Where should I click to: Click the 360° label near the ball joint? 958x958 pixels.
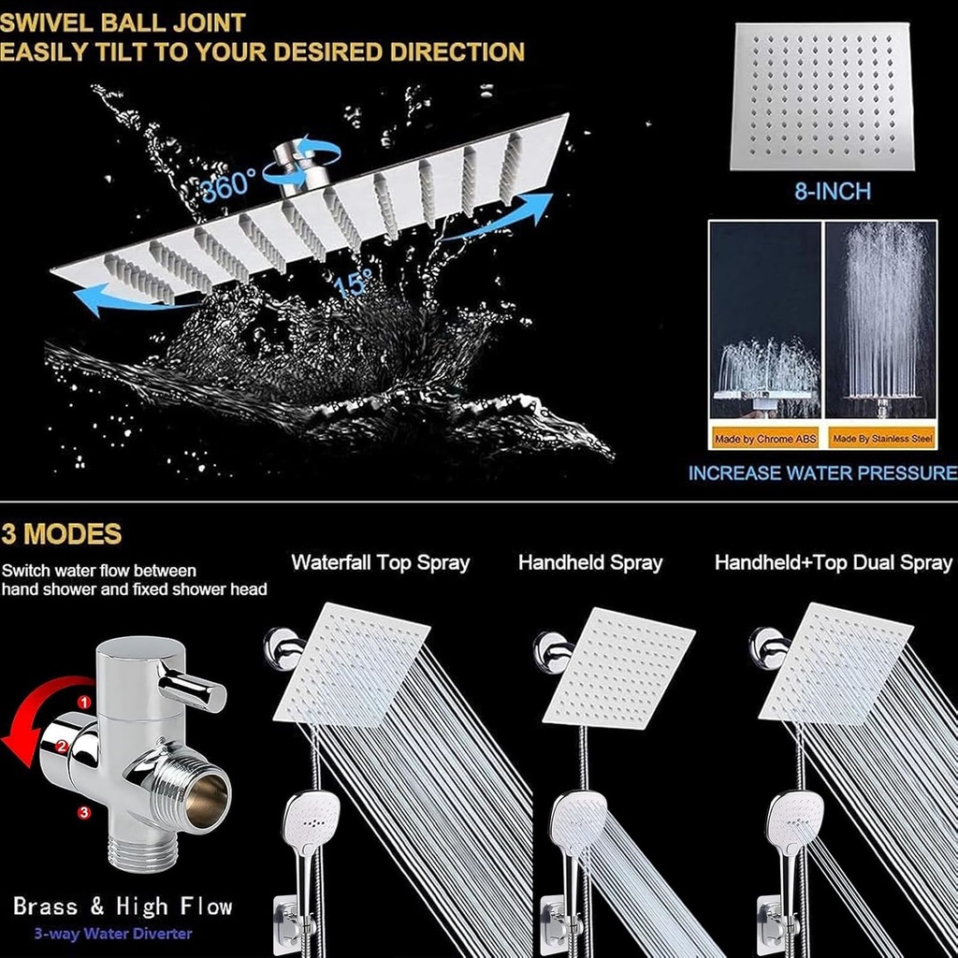pos(227,184)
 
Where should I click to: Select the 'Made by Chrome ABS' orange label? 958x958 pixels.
pos(765,438)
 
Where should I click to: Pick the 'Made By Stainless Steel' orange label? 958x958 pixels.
pos(882,438)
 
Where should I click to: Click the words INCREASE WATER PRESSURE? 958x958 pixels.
pos(822,473)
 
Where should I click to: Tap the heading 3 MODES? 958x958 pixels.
pos(62,534)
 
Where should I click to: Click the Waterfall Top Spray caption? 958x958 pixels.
pos(380,563)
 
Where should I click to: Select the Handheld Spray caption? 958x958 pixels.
pos(590,563)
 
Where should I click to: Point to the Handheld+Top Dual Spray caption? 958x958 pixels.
pos(833,563)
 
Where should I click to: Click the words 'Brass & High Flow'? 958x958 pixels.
pos(122,906)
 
